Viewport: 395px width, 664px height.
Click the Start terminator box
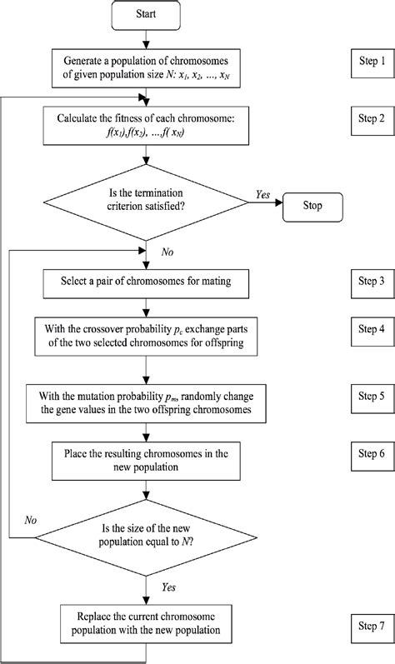pyautogui.click(x=147, y=15)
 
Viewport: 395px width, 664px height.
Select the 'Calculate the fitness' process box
pyautogui.click(x=147, y=124)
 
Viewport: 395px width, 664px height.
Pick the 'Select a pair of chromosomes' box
pyautogui.click(x=147, y=282)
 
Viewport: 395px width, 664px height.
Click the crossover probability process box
pyautogui.click(x=147, y=334)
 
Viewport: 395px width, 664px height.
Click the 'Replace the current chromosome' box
pyautogui.click(x=147, y=621)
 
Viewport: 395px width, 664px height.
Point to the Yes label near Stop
pyautogui.click(x=261, y=194)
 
